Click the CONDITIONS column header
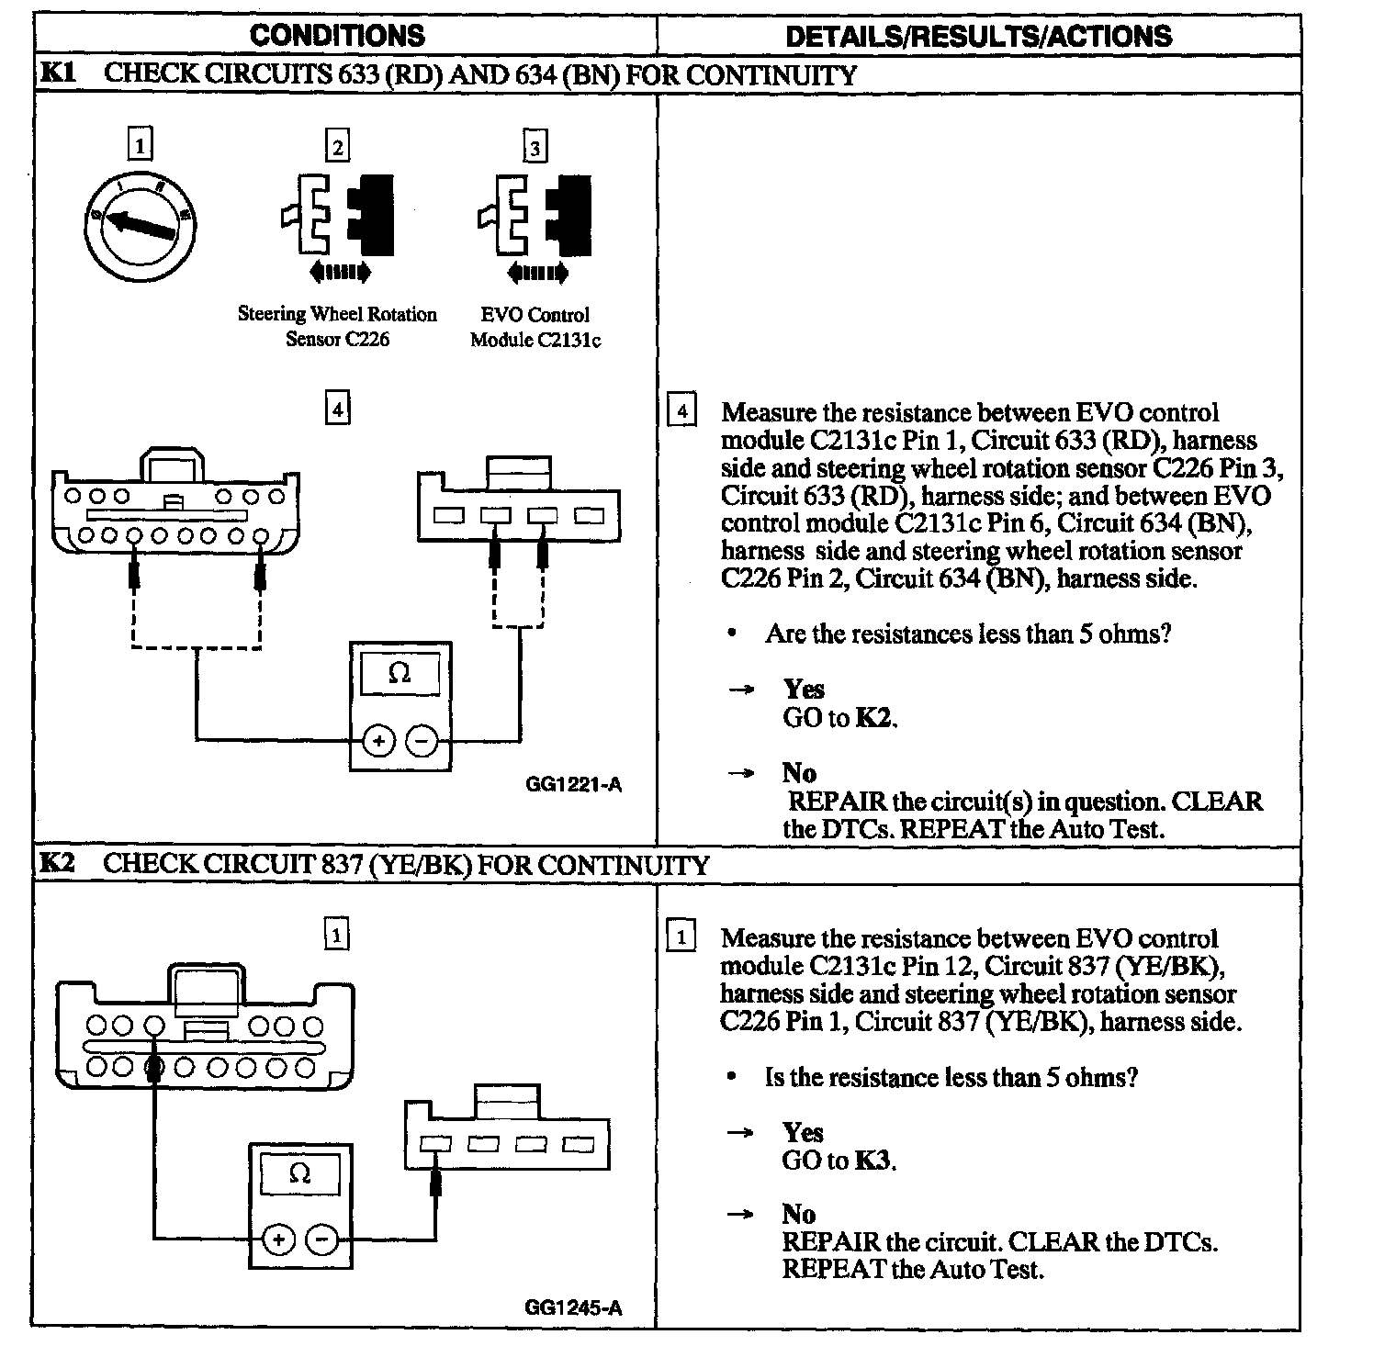coord(337,36)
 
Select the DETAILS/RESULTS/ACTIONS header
coord(978,36)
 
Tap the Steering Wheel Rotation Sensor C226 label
coord(337,326)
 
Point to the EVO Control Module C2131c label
coord(535,327)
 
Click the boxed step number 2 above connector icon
coord(338,147)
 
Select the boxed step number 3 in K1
coord(535,147)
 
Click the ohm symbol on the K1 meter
coord(400,673)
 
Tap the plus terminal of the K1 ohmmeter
coord(378,740)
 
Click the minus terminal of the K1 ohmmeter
coord(422,740)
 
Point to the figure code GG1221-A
coord(573,785)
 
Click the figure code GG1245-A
coord(573,1307)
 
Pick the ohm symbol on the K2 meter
coord(299,1173)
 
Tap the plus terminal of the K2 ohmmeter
coord(278,1240)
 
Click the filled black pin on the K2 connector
coord(154,1067)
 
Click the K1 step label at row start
coord(57,73)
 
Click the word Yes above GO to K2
coord(804,690)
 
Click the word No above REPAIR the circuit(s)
coord(799,773)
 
